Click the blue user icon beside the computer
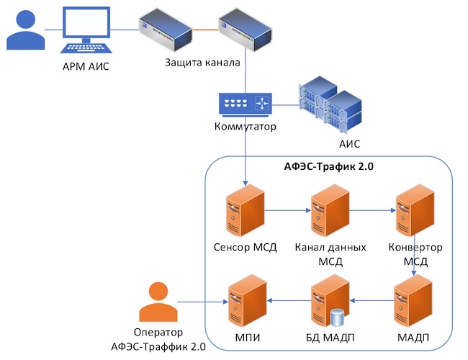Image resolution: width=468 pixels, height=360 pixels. tap(24, 30)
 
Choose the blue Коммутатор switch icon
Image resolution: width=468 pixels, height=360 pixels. tap(246, 104)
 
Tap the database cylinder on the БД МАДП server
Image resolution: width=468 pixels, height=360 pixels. tap(336, 316)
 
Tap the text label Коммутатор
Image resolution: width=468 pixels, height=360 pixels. tap(246, 127)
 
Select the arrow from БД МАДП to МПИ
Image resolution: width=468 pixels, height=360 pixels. tap(287, 300)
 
